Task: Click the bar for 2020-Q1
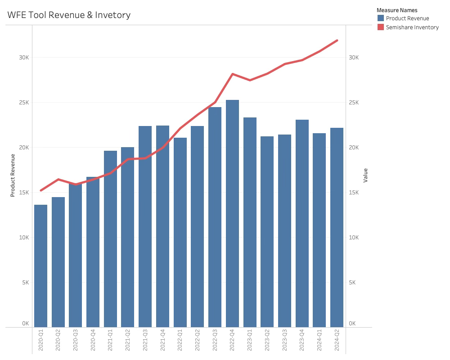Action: [x=40, y=265]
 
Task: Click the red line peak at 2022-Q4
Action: [x=232, y=74]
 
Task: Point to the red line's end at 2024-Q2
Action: [x=337, y=40]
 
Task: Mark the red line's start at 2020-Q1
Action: [x=41, y=190]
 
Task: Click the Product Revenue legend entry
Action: [x=407, y=18]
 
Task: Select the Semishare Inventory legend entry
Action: [x=412, y=27]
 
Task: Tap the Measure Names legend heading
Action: [x=397, y=10]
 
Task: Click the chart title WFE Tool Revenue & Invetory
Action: [x=69, y=15]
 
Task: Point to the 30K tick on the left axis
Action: [x=23, y=58]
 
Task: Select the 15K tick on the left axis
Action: [x=23, y=193]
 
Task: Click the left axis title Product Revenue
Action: [x=13, y=175]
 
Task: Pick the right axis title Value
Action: [x=365, y=175]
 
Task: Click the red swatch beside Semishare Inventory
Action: [x=381, y=27]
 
